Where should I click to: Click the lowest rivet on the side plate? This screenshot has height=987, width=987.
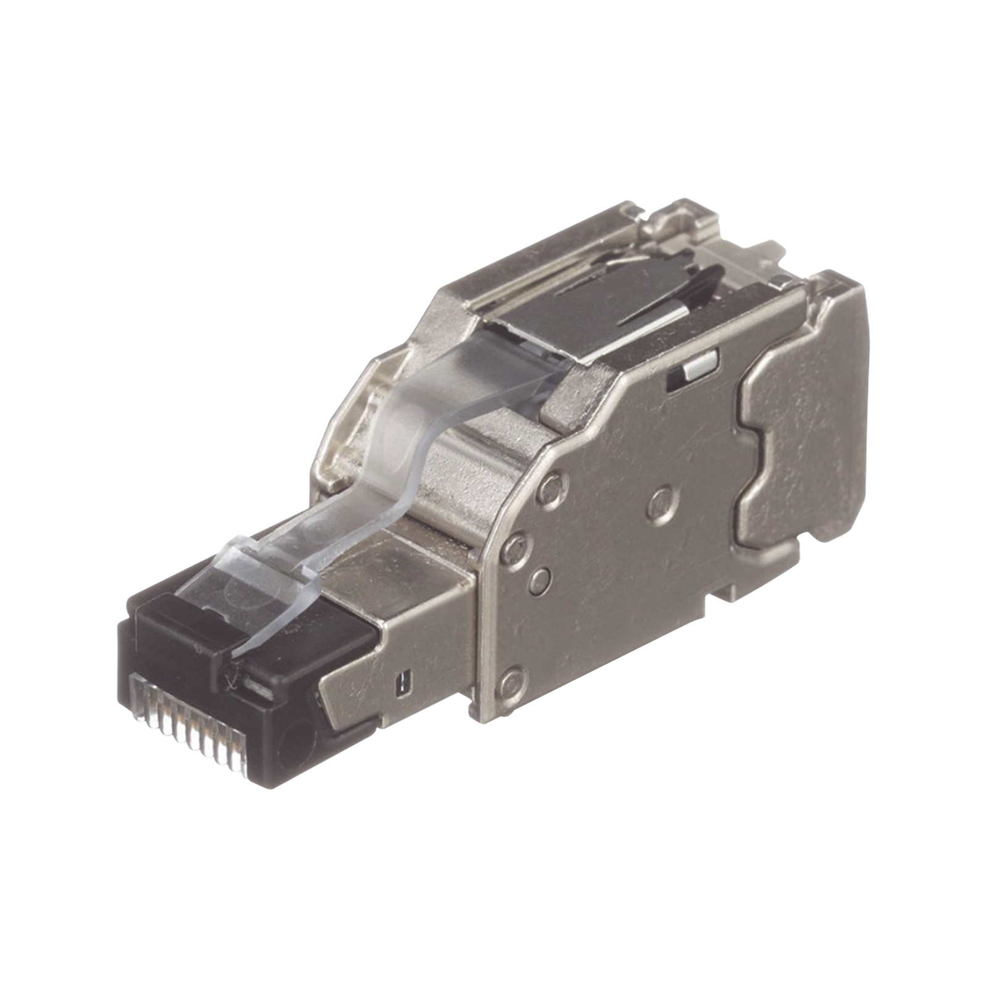(510, 681)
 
